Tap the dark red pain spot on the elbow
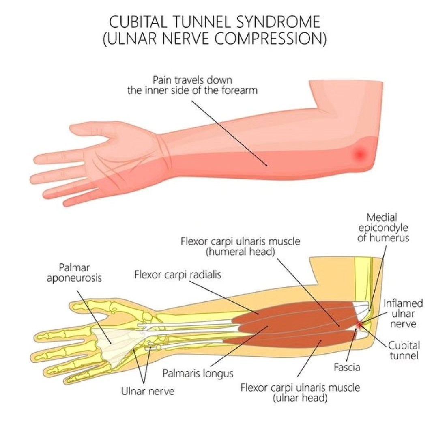pyautogui.click(x=359, y=153)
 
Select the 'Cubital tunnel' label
pyautogui.click(x=404, y=351)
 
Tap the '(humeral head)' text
pyautogui.click(x=241, y=252)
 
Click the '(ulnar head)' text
pyautogui.click(x=300, y=398)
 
